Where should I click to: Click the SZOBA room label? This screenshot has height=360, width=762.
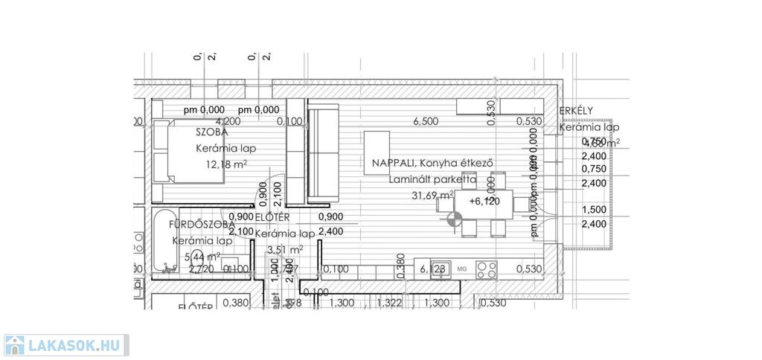(211, 132)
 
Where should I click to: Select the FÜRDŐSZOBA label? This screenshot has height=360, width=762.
(202, 224)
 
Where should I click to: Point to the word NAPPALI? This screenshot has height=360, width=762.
(388, 163)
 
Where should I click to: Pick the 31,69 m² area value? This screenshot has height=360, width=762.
(432, 196)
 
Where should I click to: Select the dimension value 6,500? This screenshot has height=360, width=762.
(426, 121)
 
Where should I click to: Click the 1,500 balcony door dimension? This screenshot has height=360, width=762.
(593, 210)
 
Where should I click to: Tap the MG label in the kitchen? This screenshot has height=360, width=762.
(461, 269)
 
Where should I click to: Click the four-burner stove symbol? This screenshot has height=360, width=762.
(487, 269)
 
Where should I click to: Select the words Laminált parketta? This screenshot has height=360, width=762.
(432, 179)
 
